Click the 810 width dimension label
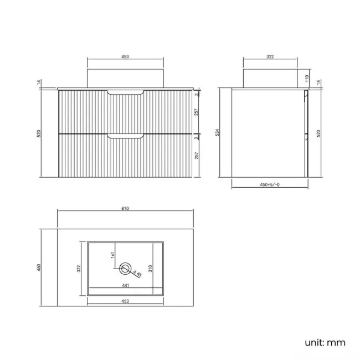(125, 208)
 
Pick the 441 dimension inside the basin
(125, 286)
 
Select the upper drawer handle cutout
(126, 92)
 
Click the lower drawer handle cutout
(126, 136)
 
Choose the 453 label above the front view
(125, 56)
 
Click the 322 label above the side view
(270, 56)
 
